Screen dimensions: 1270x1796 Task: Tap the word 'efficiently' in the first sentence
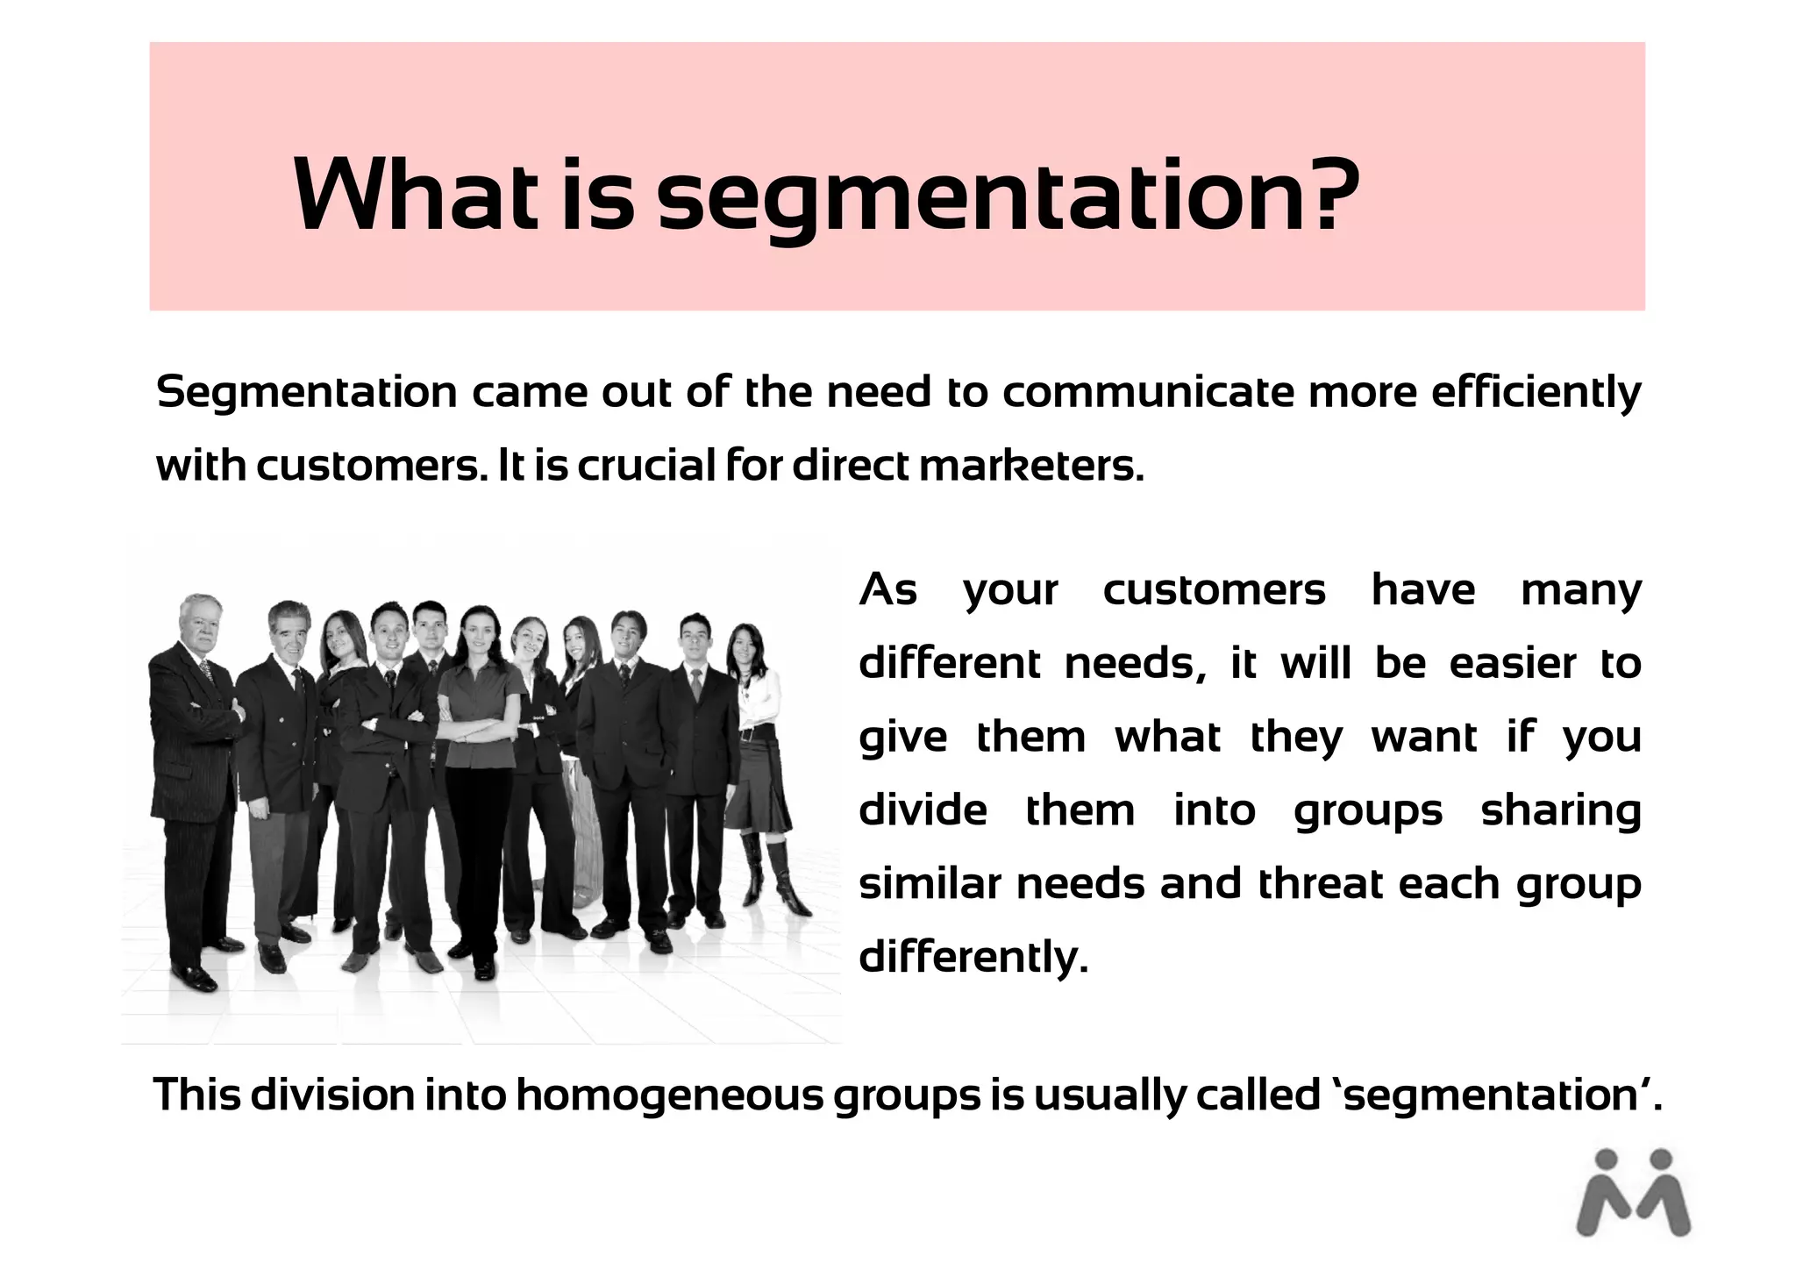point(1536,392)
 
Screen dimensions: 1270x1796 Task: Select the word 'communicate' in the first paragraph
point(1147,392)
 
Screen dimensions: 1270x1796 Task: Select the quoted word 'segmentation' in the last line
point(1491,1095)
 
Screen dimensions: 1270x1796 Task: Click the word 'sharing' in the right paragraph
point(1561,810)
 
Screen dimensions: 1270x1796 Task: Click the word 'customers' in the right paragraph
point(1214,589)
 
